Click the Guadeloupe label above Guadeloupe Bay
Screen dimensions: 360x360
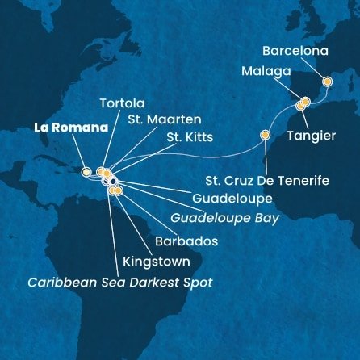click(226, 198)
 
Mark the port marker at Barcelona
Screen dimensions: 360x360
click(328, 82)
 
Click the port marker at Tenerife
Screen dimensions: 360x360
click(264, 135)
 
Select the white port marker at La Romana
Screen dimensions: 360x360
click(86, 171)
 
